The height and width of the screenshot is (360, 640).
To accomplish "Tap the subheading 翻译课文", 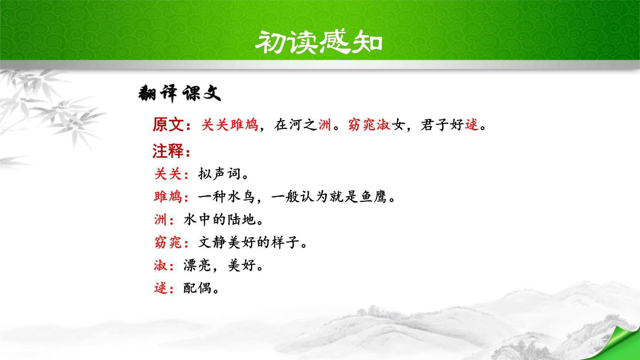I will click(x=179, y=94).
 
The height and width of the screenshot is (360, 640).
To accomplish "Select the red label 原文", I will click(x=168, y=125).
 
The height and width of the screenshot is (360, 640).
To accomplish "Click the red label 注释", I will click(x=168, y=151).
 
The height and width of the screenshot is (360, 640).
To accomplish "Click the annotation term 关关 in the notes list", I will click(x=169, y=174).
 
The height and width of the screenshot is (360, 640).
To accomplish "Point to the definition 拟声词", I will click(x=220, y=174).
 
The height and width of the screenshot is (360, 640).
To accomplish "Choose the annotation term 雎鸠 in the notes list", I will click(x=169, y=197).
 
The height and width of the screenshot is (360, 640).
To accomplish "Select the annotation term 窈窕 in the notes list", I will click(x=169, y=243).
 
